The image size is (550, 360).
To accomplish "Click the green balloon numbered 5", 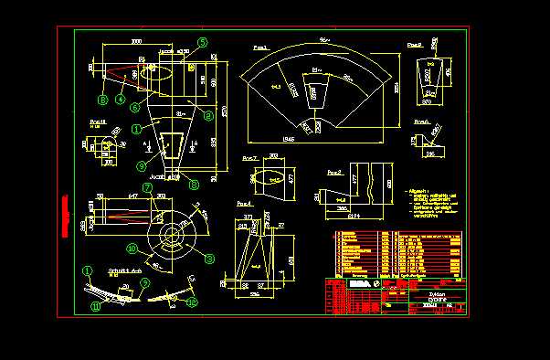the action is click(x=204, y=41).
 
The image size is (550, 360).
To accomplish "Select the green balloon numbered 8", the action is click(x=209, y=259).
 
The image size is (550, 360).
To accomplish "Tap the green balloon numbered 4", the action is click(x=120, y=98).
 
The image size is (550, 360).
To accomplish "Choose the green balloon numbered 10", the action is click(x=132, y=248).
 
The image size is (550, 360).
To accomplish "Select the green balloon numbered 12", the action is click(x=191, y=302).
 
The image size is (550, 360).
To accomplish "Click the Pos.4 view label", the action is click(x=243, y=202).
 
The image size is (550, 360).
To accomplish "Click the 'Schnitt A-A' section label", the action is click(x=122, y=271).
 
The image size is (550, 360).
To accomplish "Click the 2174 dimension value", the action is click(x=352, y=216).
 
